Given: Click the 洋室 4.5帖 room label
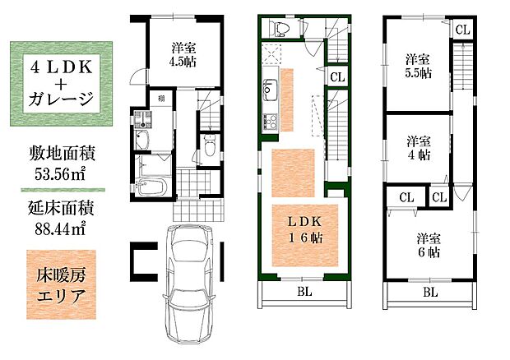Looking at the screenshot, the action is (x=183, y=55).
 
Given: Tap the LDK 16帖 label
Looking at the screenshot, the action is (x=305, y=229).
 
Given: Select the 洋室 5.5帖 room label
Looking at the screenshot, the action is (x=418, y=67).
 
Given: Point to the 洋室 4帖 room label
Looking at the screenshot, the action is (x=419, y=148).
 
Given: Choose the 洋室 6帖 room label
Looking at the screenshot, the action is (x=429, y=245).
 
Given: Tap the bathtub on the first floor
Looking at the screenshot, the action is (x=151, y=187).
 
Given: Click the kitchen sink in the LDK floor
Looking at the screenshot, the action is (x=270, y=90).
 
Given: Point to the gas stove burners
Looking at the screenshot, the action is (x=271, y=122).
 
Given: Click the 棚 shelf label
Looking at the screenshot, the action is (x=161, y=99).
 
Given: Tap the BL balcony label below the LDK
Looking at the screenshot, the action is (x=304, y=292).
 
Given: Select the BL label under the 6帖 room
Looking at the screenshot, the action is (x=430, y=293).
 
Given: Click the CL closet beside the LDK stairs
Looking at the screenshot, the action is (x=337, y=77).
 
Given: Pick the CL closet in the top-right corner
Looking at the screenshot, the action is (x=462, y=30).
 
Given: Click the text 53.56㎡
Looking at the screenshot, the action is (x=60, y=174).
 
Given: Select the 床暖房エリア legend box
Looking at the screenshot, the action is (x=61, y=284).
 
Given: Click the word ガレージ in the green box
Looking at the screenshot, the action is (x=61, y=99).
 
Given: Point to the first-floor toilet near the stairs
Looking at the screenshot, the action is (x=209, y=147).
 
